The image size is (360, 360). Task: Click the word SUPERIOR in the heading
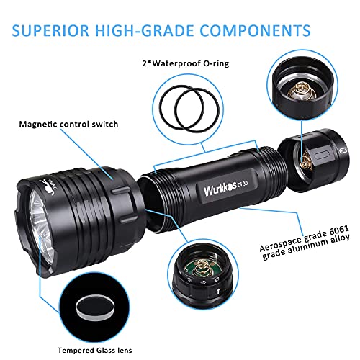(50, 30)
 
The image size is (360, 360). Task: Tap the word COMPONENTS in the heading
(255, 30)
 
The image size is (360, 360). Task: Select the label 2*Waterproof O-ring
(186, 63)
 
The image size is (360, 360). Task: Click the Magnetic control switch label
(68, 125)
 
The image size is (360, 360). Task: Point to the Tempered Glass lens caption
(95, 351)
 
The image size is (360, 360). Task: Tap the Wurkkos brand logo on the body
(220, 190)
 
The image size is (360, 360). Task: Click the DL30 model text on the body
(243, 185)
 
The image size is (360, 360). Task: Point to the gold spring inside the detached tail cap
(306, 161)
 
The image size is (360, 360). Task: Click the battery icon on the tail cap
(344, 150)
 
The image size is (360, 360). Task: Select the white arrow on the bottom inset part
(218, 292)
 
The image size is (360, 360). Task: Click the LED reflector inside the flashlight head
(41, 225)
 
